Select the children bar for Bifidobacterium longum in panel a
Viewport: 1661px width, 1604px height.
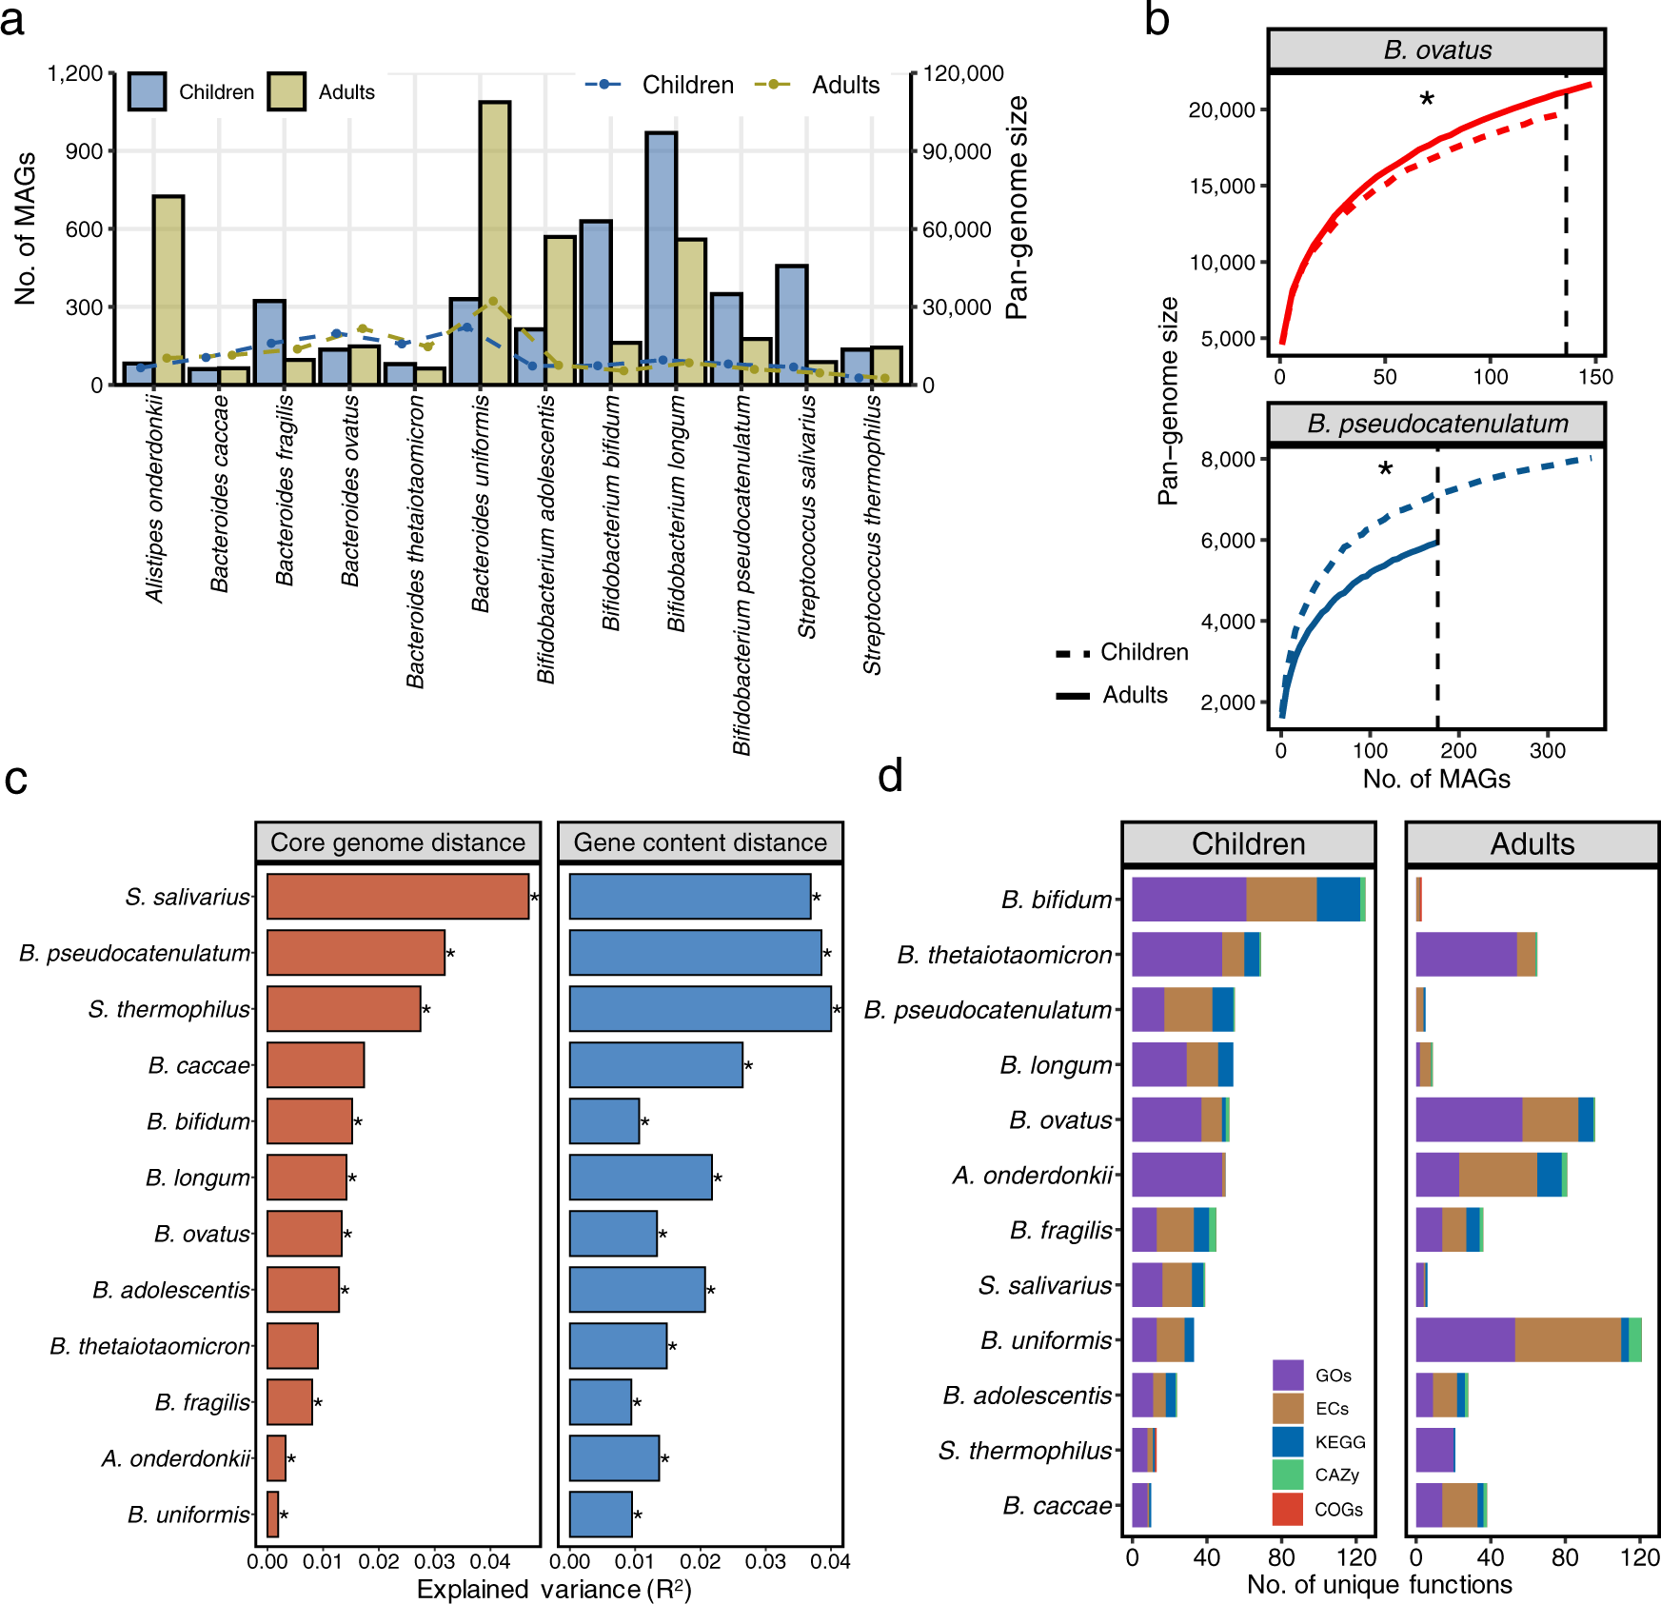point(662,257)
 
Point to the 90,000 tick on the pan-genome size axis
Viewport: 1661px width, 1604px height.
point(958,151)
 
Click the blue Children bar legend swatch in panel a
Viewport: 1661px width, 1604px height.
point(147,91)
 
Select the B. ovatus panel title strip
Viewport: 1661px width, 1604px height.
point(1436,50)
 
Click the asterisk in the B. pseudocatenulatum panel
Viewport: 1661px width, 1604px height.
point(1385,469)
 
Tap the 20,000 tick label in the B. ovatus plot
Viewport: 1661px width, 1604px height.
point(1221,110)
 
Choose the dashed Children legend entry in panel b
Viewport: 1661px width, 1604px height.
point(1123,653)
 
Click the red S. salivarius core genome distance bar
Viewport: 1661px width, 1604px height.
point(397,897)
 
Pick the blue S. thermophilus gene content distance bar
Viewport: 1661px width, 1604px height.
point(700,1009)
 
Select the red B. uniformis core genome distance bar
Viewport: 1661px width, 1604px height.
point(273,1515)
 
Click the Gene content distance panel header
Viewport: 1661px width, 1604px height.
point(700,842)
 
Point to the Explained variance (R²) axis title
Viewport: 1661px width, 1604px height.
point(554,1590)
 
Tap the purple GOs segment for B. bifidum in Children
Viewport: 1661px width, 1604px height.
point(1189,900)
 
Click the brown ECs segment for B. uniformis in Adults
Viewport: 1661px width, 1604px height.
point(1568,1340)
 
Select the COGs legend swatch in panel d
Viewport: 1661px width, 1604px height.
point(1287,1509)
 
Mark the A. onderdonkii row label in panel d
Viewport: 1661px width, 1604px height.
point(1033,1176)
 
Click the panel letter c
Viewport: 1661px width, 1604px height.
point(16,779)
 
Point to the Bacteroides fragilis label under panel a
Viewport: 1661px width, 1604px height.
point(285,490)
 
